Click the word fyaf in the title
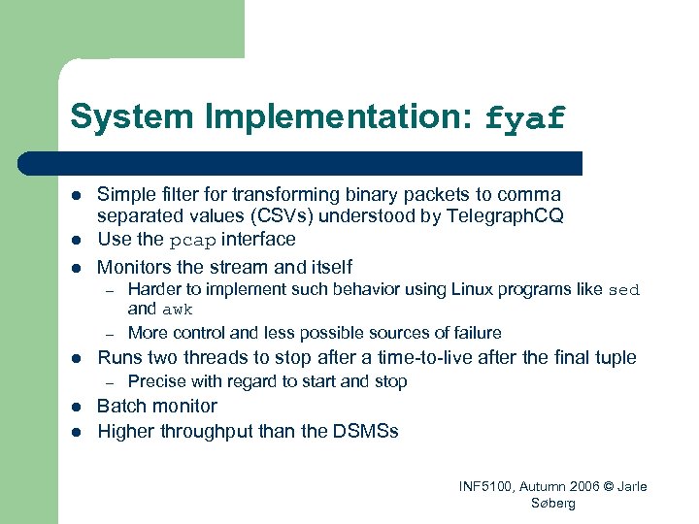524,118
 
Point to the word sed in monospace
624,290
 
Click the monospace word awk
178,311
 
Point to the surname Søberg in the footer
553,504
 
